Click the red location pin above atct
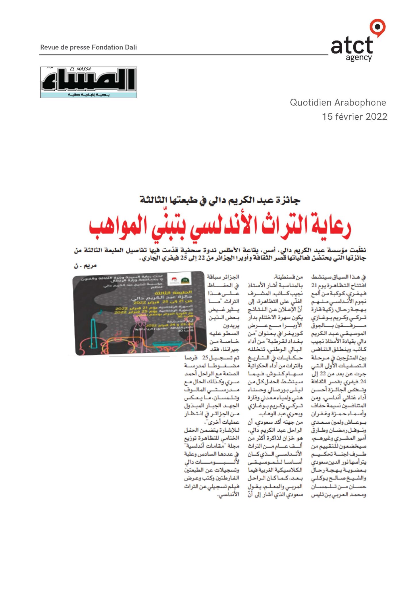(x=378, y=27)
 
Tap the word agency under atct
(x=359, y=58)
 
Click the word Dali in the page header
(x=131, y=47)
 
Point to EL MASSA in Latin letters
(x=80, y=69)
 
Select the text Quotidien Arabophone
(x=338, y=102)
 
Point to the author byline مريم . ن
(x=85, y=266)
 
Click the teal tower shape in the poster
(x=94, y=334)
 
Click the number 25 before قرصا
(x=205, y=358)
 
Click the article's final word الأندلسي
(x=228, y=495)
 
